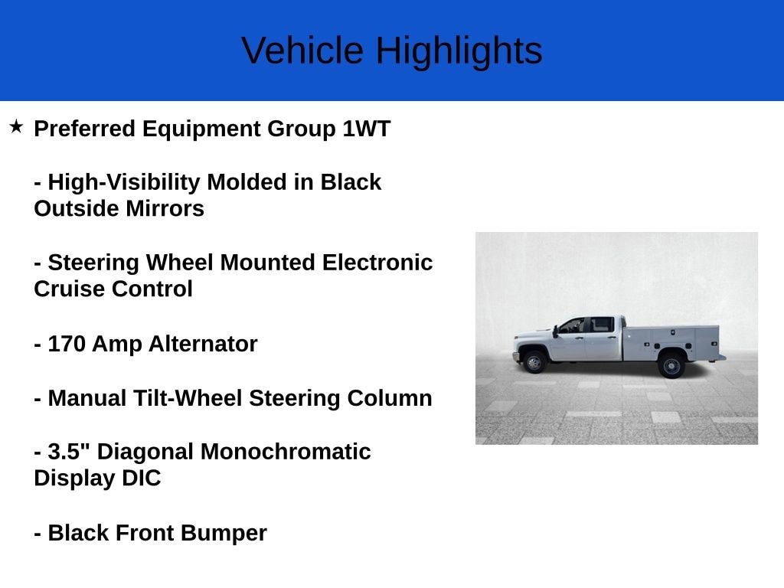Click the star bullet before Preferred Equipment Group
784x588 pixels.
pos(16,126)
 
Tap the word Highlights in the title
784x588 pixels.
pos(459,51)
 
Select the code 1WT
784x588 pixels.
pos(366,129)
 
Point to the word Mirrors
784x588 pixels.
pos(164,209)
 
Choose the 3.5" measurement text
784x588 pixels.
pos(69,452)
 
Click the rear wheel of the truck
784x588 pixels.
pos(671,364)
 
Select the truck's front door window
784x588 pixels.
pos(573,325)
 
